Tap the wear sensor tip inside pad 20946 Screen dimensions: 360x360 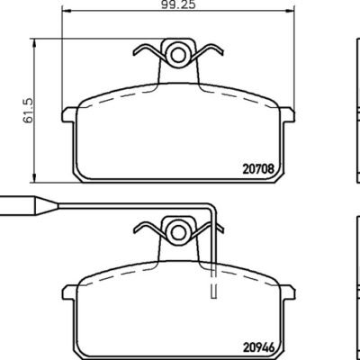tap(213, 290)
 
